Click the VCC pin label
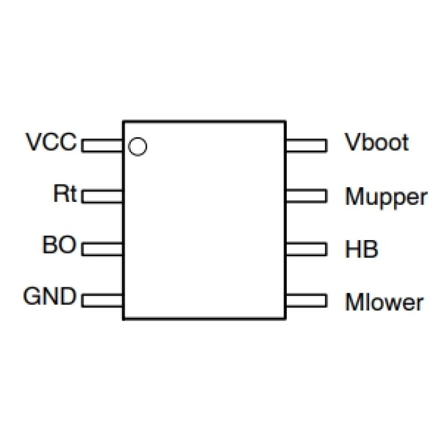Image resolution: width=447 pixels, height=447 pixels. point(51,141)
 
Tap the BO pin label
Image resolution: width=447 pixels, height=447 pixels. point(59,245)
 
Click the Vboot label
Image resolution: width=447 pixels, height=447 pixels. point(376,142)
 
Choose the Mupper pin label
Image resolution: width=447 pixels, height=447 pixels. point(386,197)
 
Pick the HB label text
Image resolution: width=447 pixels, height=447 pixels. point(361,249)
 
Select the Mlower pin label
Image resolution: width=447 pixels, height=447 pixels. point(384,301)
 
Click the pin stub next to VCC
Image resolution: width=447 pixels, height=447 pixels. point(102,146)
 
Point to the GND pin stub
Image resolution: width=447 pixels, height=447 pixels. point(102,299)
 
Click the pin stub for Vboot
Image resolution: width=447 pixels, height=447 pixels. point(306,146)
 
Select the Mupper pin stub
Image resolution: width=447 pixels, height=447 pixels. point(306,196)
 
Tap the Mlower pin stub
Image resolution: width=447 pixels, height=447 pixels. point(306,299)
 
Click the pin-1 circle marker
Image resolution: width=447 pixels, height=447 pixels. point(137,146)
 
